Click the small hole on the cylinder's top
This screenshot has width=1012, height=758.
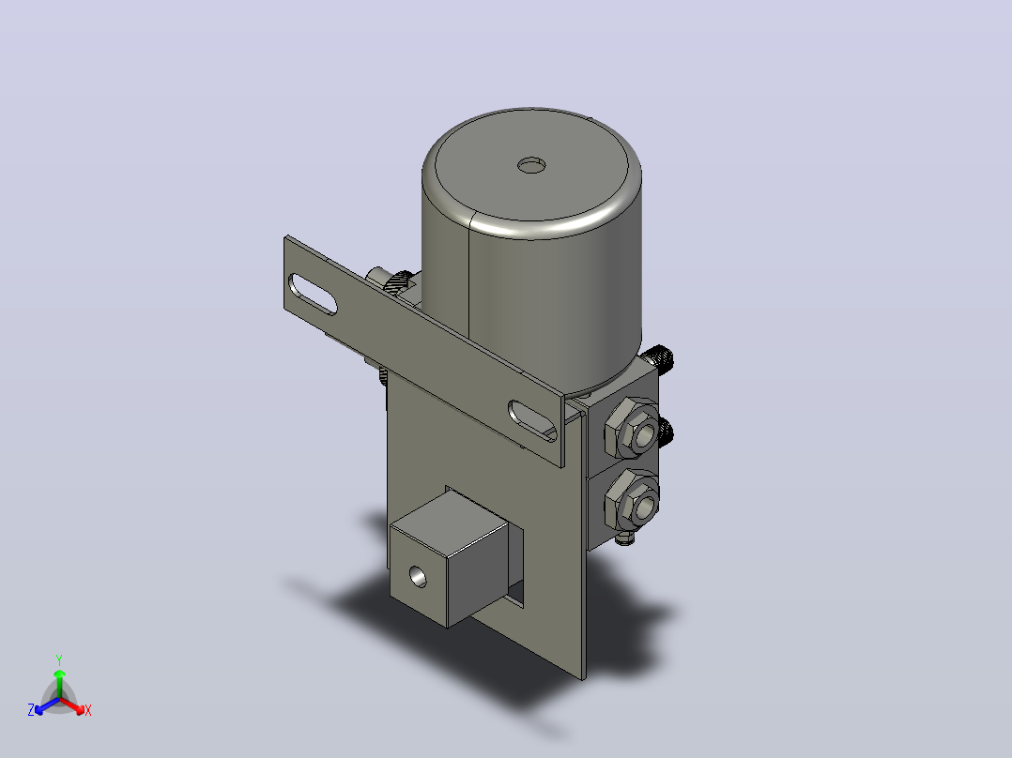(x=531, y=165)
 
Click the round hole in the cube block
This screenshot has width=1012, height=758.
(x=419, y=576)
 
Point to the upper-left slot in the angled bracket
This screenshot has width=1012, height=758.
(x=313, y=295)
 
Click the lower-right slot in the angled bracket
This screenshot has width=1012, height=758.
(x=533, y=420)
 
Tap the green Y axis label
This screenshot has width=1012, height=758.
(x=59, y=659)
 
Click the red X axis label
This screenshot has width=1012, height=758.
(x=88, y=710)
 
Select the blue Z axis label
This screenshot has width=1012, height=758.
(x=30, y=709)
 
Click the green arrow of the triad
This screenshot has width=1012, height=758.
(x=59, y=684)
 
